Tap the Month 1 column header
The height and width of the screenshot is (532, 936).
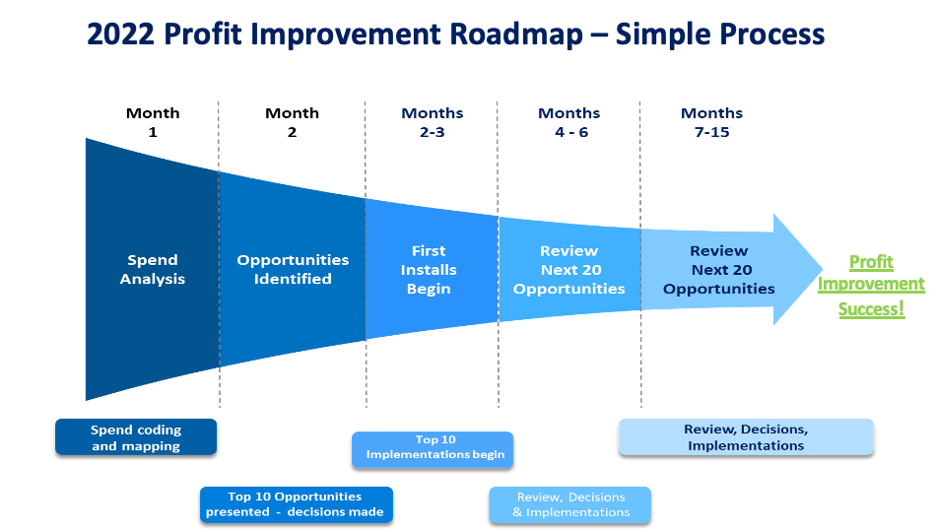click(153, 122)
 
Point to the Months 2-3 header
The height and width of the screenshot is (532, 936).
click(432, 122)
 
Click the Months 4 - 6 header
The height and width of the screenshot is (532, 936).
click(568, 122)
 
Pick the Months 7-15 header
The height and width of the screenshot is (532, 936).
click(711, 122)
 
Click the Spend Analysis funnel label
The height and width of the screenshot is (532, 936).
click(153, 269)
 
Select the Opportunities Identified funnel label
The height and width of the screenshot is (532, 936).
click(293, 269)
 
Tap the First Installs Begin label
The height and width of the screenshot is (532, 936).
click(429, 269)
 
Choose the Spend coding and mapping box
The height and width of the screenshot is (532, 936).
click(136, 437)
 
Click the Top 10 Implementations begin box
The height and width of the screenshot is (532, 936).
click(434, 447)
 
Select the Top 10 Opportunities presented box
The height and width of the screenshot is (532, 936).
click(296, 503)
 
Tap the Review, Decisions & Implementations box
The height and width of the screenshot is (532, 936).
click(570, 503)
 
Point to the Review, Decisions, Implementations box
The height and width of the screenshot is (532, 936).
click(746, 437)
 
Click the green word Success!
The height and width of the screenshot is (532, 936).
click(871, 309)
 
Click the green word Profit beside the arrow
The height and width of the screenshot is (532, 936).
click(871, 262)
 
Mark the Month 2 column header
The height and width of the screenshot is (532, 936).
click(292, 122)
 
